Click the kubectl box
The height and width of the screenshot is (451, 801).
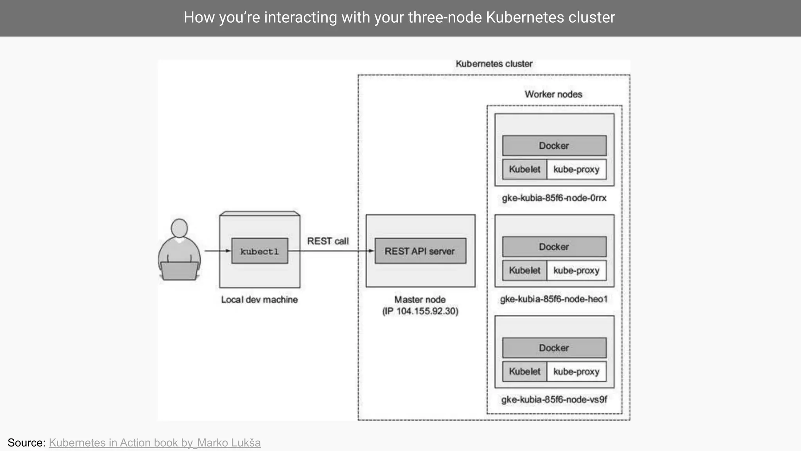[x=260, y=251]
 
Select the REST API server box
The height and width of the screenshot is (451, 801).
[x=420, y=251]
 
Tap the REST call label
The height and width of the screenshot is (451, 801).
[x=328, y=241]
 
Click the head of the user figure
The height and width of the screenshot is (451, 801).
[x=179, y=228]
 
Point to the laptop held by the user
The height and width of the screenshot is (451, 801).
[x=179, y=271]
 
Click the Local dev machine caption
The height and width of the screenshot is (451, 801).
[x=259, y=300]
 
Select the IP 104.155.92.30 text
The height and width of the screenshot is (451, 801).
[x=420, y=311]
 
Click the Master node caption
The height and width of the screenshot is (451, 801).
[x=420, y=299]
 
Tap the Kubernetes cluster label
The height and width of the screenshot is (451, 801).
[x=494, y=64]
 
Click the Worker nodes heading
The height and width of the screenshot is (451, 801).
[x=553, y=94]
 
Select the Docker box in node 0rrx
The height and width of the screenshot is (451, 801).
[x=554, y=146]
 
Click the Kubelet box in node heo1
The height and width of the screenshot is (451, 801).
[x=524, y=271]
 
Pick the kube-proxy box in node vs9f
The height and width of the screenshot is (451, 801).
[x=577, y=372]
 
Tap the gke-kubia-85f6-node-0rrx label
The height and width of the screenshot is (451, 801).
[x=554, y=198]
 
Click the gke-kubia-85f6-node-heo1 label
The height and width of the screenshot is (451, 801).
[x=554, y=299]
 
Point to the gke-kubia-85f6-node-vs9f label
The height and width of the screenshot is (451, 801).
[x=554, y=400]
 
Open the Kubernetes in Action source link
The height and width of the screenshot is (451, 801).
[x=154, y=443]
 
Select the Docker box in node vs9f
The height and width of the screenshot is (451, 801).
[x=554, y=348]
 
